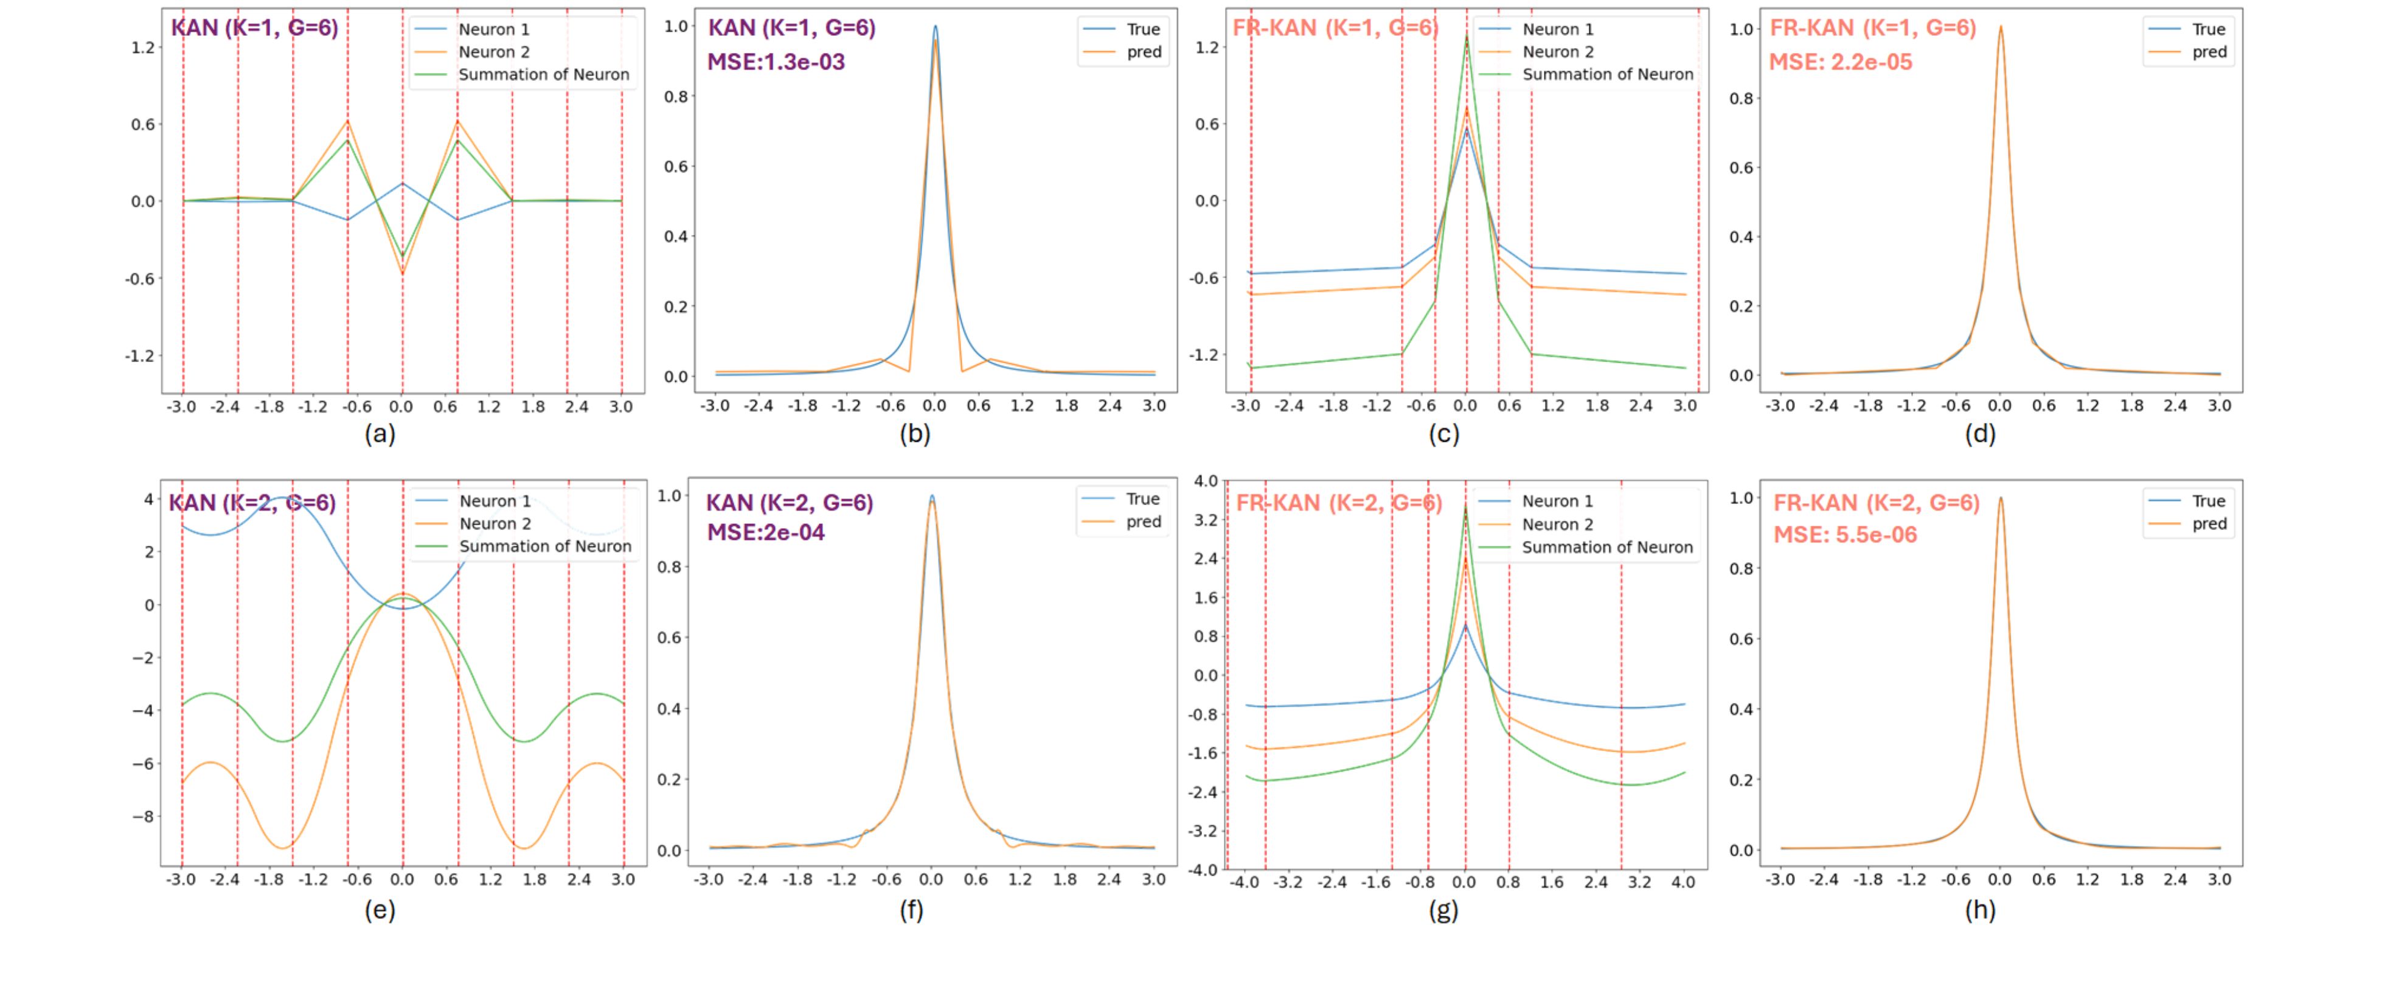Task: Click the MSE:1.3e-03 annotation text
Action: [x=776, y=62]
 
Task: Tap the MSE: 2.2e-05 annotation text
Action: [x=1840, y=62]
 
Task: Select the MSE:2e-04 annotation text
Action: [x=766, y=532]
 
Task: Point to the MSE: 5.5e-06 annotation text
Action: [x=1845, y=535]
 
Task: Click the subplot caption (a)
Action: [x=380, y=434]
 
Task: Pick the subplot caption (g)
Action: [x=1443, y=910]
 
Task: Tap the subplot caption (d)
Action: [x=1980, y=434]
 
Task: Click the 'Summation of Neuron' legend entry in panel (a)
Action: [x=544, y=75]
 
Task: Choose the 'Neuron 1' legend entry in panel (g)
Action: [x=1557, y=501]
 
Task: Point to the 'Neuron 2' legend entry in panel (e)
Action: [x=495, y=523]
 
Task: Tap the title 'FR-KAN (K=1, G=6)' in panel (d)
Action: [x=1872, y=28]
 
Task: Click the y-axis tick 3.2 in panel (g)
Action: [x=1205, y=520]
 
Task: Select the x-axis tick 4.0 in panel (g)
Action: [x=1683, y=882]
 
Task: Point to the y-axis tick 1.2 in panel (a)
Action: [x=142, y=47]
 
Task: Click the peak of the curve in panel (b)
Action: [x=935, y=27]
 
